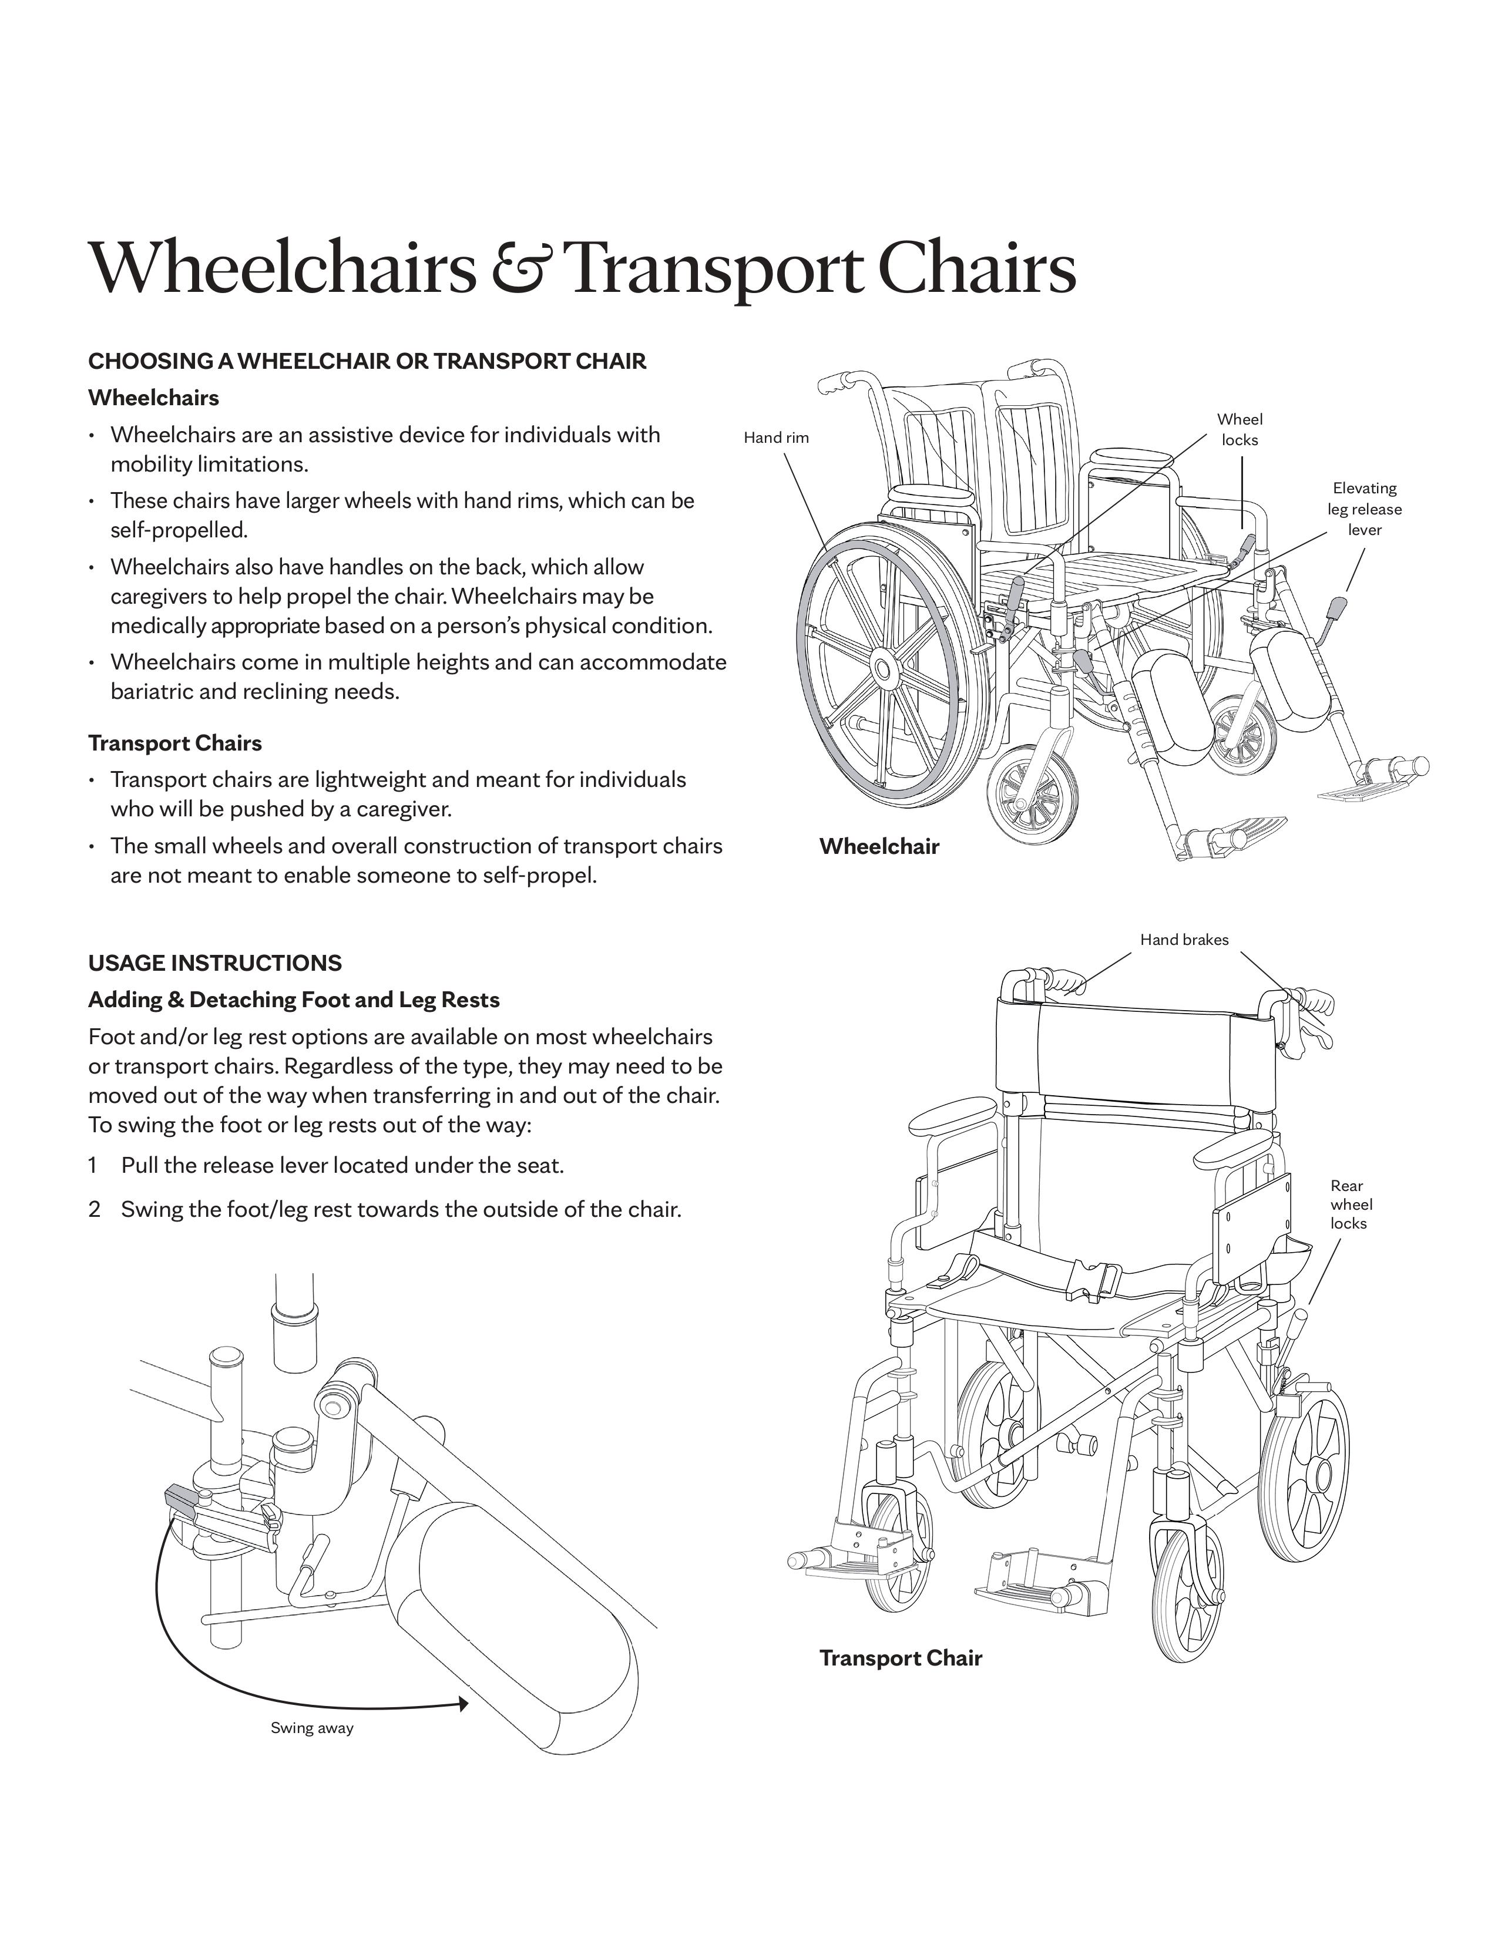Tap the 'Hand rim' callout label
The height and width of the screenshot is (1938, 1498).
[775, 438]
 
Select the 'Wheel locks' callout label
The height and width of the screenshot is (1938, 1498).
[1239, 429]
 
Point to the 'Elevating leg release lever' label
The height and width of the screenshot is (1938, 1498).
[1364, 509]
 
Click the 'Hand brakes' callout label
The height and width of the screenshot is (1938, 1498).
[1184, 940]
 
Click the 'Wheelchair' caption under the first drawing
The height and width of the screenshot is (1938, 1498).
[879, 846]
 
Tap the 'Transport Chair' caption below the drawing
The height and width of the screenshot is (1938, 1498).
[900, 1658]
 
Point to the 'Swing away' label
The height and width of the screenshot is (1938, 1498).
[311, 1728]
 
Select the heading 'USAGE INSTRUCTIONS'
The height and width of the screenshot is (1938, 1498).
[215, 963]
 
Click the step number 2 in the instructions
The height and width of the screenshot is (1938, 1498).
[93, 1209]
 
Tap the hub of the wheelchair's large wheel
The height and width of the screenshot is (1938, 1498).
[882, 667]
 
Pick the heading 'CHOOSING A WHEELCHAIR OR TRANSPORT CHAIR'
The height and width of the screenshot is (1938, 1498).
[367, 361]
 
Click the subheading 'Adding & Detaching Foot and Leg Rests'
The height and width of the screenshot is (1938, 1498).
[294, 1000]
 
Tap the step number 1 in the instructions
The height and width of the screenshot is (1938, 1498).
[92, 1165]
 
